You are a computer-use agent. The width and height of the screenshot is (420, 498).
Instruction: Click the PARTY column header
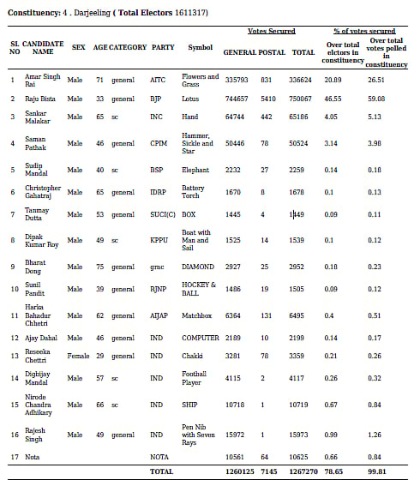pos(164,47)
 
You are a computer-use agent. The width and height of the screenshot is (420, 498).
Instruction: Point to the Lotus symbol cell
pos(190,99)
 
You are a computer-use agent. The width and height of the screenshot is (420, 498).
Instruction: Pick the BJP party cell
pos(158,99)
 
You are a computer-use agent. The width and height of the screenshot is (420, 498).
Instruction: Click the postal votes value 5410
pos(267,99)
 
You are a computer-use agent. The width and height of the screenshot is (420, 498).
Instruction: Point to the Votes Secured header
pos(271,31)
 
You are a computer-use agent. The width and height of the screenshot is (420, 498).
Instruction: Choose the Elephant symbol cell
pos(195,170)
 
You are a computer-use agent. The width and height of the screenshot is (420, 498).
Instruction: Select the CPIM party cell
pos(160,141)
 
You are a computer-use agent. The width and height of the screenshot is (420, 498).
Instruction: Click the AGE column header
pos(100,47)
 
